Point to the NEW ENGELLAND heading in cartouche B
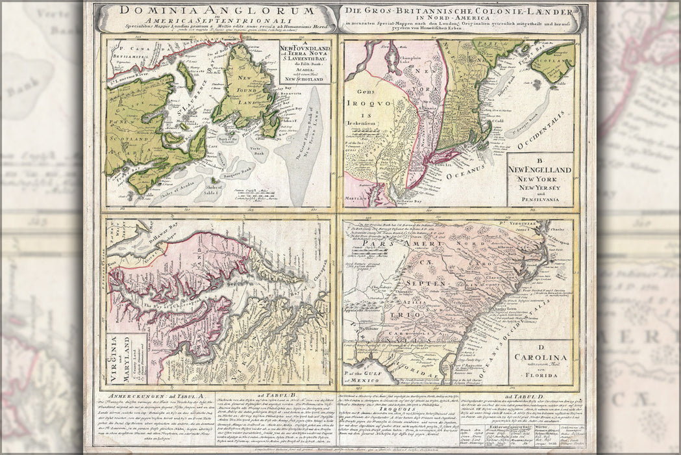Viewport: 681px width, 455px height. [539, 170]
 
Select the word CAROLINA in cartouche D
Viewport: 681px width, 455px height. [541, 357]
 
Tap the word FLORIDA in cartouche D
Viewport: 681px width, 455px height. [541, 375]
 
